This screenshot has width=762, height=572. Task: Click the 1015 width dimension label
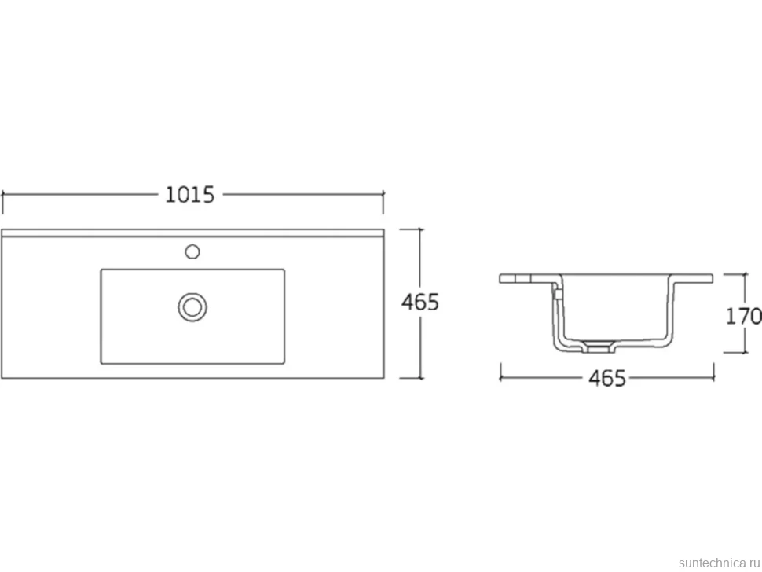point(189,195)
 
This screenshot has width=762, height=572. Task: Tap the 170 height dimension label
point(743,317)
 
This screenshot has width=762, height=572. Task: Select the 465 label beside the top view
point(419,302)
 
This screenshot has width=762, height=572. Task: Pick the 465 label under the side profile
point(607,378)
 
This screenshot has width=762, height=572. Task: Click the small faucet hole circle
point(192,251)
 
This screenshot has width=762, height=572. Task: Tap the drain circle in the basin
point(192,307)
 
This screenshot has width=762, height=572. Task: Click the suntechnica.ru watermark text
point(719,563)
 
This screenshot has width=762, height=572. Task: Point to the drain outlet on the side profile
point(599,346)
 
